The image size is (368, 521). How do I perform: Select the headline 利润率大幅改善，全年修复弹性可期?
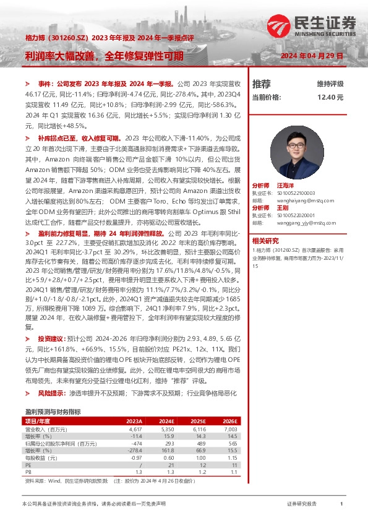(105, 55)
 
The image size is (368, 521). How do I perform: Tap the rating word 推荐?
(262, 84)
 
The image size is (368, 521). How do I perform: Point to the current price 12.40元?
(330, 97)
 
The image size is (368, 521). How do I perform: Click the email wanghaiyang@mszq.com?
(302, 200)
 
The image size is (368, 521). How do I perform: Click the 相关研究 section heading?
(265, 241)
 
